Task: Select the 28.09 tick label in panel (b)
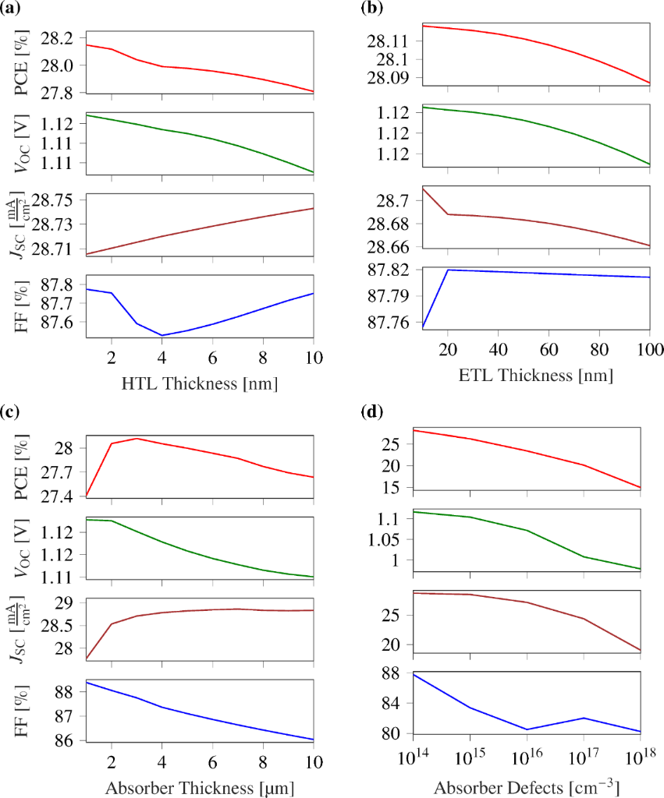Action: (x=395, y=77)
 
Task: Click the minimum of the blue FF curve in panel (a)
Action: (x=162, y=335)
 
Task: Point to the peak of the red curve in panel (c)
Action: (x=137, y=438)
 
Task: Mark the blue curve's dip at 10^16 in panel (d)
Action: (x=527, y=729)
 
